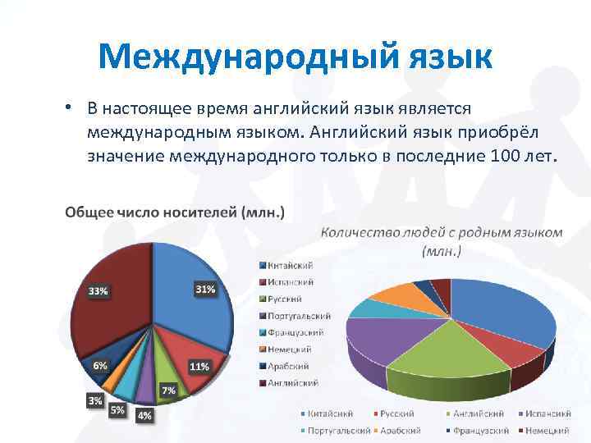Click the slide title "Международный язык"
295,57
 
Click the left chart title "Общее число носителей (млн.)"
175,212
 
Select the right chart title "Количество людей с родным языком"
442,232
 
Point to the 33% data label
98,291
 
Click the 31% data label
205,289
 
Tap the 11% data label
199,365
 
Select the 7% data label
168,390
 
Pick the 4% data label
144,415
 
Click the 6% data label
99,366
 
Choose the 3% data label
95,400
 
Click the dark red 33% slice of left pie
111,320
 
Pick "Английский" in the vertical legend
293,382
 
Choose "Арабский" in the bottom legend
402,430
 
